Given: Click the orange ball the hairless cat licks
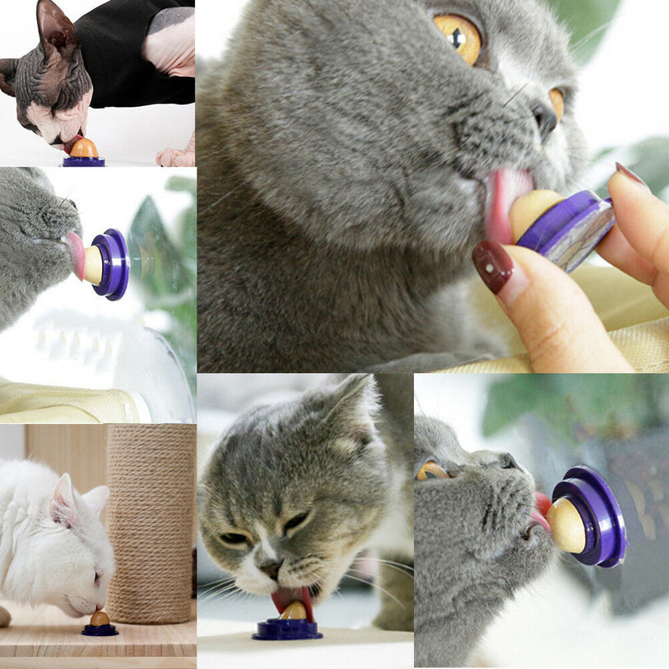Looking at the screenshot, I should tap(84, 148).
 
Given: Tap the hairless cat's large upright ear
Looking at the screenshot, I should tap(55, 25).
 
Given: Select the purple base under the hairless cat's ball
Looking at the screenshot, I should tap(84, 161).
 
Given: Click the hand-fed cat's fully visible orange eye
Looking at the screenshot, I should tap(457, 37).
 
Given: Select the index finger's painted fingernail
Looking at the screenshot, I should tap(629, 173).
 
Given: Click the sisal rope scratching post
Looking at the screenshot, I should tap(151, 518).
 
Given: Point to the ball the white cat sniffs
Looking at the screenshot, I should tap(100, 619).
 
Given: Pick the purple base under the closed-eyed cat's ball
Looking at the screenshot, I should tap(287, 630).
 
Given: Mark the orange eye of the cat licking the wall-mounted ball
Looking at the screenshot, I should tap(432, 471).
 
